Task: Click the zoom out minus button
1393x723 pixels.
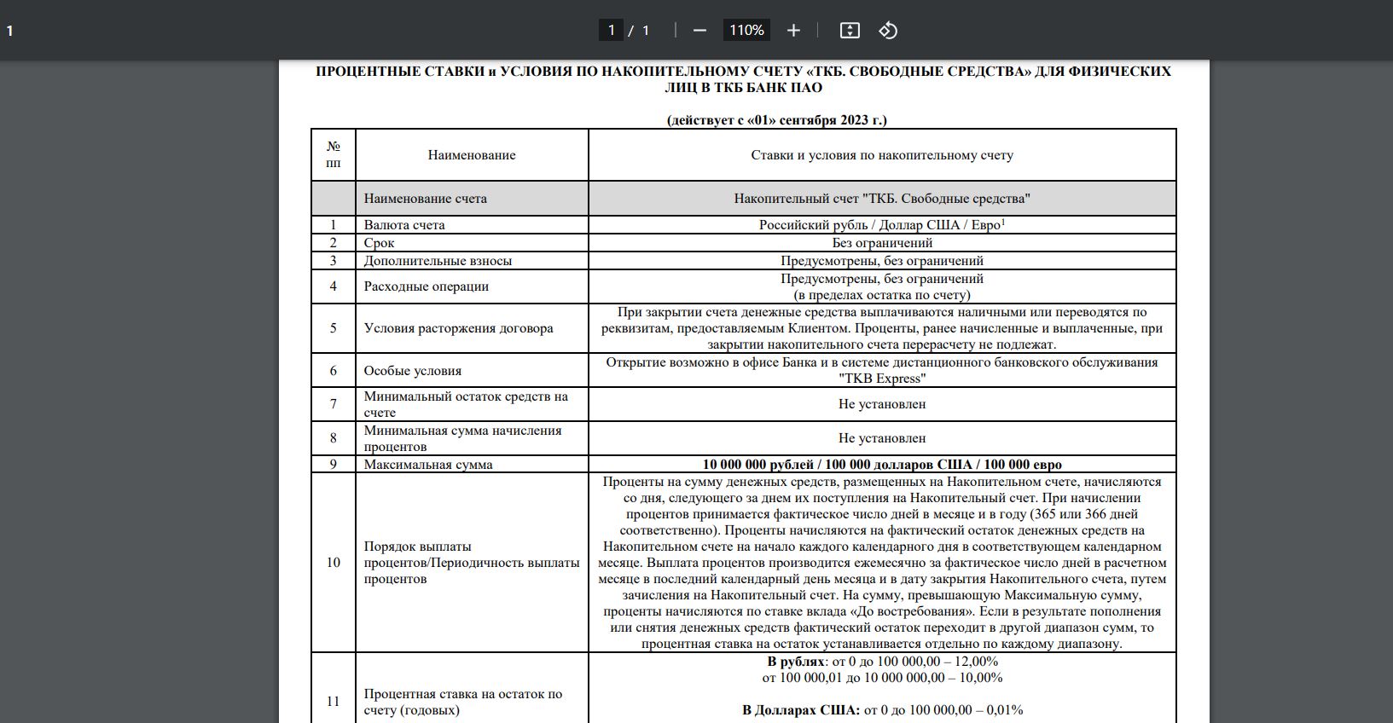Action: [x=699, y=31]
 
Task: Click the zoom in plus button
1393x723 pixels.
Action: [x=793, y=31]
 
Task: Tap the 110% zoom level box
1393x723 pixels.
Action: [x=746, y=31]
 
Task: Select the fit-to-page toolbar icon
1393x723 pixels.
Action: [x=850, y=31]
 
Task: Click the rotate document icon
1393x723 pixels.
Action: [x=888, y=31]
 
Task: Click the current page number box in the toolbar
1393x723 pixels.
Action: [x=611, y=31]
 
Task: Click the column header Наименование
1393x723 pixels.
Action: [x=472, y=155]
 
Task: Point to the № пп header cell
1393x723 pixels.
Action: [x=334, y=155]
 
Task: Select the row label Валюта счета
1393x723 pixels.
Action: [x=404, y=225]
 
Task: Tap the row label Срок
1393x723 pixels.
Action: [x=379, y=243]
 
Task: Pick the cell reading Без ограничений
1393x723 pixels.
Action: [x=882, y=243]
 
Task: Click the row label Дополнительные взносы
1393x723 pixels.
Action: [x=438, y=261]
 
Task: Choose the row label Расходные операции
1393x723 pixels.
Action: [x=427, y=286]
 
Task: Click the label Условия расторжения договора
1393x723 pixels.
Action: [x=458, y=328]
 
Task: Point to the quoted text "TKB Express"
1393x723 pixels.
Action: [x=882, y=379]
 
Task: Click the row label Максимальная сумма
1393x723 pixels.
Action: [x=428, y=465]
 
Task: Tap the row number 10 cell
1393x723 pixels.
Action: [x=334, y=563]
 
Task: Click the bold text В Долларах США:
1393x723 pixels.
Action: [x=800, y=710]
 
